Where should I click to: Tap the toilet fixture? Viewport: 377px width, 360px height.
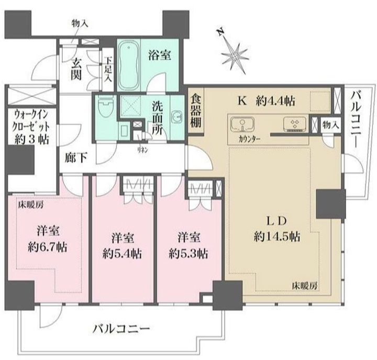click(106, 107)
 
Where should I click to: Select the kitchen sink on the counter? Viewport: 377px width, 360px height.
click(242, 124)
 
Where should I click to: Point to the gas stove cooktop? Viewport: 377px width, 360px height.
click(294, 124)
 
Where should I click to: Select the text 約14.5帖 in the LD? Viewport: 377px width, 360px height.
click(277, 237)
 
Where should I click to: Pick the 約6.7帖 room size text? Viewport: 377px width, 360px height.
click(47, 247)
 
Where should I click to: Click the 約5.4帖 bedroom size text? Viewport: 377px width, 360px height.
click(122, 254)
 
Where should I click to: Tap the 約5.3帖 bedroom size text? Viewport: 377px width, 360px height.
click(188, 254)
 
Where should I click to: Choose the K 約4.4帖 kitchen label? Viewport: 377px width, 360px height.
click(267, 101)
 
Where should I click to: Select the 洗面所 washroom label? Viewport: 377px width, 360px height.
click(157, 118)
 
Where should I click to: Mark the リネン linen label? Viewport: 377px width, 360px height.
click(142, 150)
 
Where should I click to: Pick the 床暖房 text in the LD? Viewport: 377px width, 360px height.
click(304, 286)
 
